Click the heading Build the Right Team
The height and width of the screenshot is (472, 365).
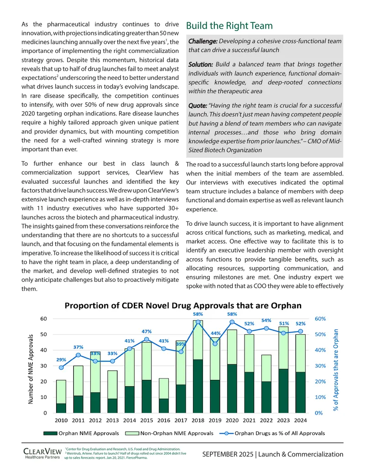[229, 26]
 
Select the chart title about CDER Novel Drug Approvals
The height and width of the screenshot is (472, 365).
[183, 306]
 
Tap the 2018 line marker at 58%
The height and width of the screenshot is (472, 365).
[198, 322]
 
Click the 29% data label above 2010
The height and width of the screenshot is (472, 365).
[61, 359]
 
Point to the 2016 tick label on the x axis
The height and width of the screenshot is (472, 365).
[164, 420]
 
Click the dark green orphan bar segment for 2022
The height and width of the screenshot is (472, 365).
[266, 397]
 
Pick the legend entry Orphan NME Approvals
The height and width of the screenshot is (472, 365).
[81, 433]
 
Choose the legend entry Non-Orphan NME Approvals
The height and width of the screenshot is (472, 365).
[169, 433]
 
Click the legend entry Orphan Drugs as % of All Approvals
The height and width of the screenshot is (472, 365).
[272, 433]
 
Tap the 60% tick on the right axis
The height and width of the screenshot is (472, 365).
[320, 318]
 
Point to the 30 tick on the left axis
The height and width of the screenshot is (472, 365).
[44, 366]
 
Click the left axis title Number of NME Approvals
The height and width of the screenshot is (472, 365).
[31, 369]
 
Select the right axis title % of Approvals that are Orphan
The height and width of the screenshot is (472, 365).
[336, 370]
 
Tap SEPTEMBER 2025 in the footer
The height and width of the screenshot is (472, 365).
[228, 454]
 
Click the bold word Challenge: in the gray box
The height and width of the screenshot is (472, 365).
[203, 41]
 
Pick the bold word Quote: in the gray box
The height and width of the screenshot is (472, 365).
[198, 106]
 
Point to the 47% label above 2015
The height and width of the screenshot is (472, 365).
[146, 332]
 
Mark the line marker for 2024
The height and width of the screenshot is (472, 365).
[301, 331]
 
